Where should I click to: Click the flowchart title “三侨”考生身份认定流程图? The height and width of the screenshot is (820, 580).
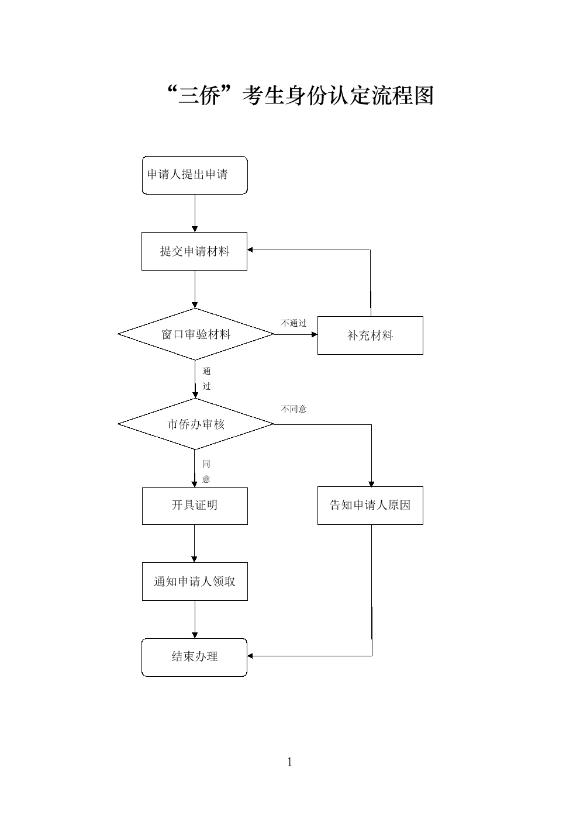tap(301, 95)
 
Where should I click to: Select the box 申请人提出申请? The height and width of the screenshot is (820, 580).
tap(195, 175)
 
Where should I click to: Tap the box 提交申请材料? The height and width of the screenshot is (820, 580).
tap(195, 251)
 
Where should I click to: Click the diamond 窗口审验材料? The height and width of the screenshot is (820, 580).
tap(195, 334)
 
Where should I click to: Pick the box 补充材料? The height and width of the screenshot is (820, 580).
tap(370, 335)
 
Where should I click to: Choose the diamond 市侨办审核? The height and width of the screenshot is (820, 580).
tap(195, 424)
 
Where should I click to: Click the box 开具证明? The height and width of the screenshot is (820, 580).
tap(195, 506)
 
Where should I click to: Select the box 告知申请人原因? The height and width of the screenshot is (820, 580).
tap(370, 506)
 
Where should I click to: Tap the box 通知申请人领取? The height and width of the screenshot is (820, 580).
tap(195, 582)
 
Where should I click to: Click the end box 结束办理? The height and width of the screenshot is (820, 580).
tap(195, 658)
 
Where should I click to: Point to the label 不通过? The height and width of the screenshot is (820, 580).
tap(294, 323)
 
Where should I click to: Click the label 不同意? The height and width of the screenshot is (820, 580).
tap(294, 409)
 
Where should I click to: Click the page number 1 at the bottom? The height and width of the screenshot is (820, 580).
tap(289, 763)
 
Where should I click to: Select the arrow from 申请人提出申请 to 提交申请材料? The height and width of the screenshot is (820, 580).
tap(195, 213)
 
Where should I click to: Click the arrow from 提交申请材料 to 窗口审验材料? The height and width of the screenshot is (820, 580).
tap(195, 289)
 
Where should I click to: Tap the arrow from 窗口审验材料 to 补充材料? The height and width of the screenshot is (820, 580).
tap(296, 334)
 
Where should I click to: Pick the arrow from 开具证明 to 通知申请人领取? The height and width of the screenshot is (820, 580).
tap(195, 544)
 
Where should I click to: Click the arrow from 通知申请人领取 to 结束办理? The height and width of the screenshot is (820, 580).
tap(195, 620)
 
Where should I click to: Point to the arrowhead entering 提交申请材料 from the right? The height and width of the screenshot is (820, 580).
tap(250, 250)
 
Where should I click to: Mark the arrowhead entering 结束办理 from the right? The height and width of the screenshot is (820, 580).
tap(250, 656)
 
